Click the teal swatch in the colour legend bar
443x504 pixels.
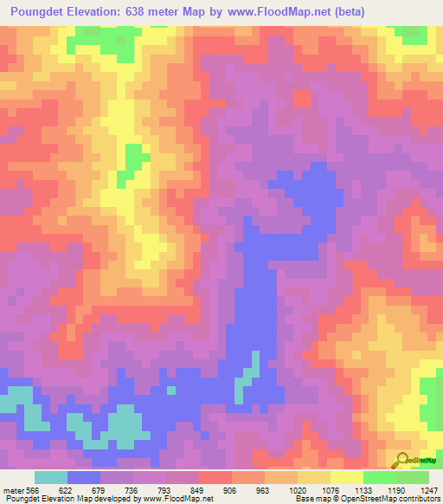click(x=51, y=477)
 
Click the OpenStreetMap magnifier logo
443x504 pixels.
click(x=401, y=460)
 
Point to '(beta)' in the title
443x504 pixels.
click(x=346, y=12)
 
